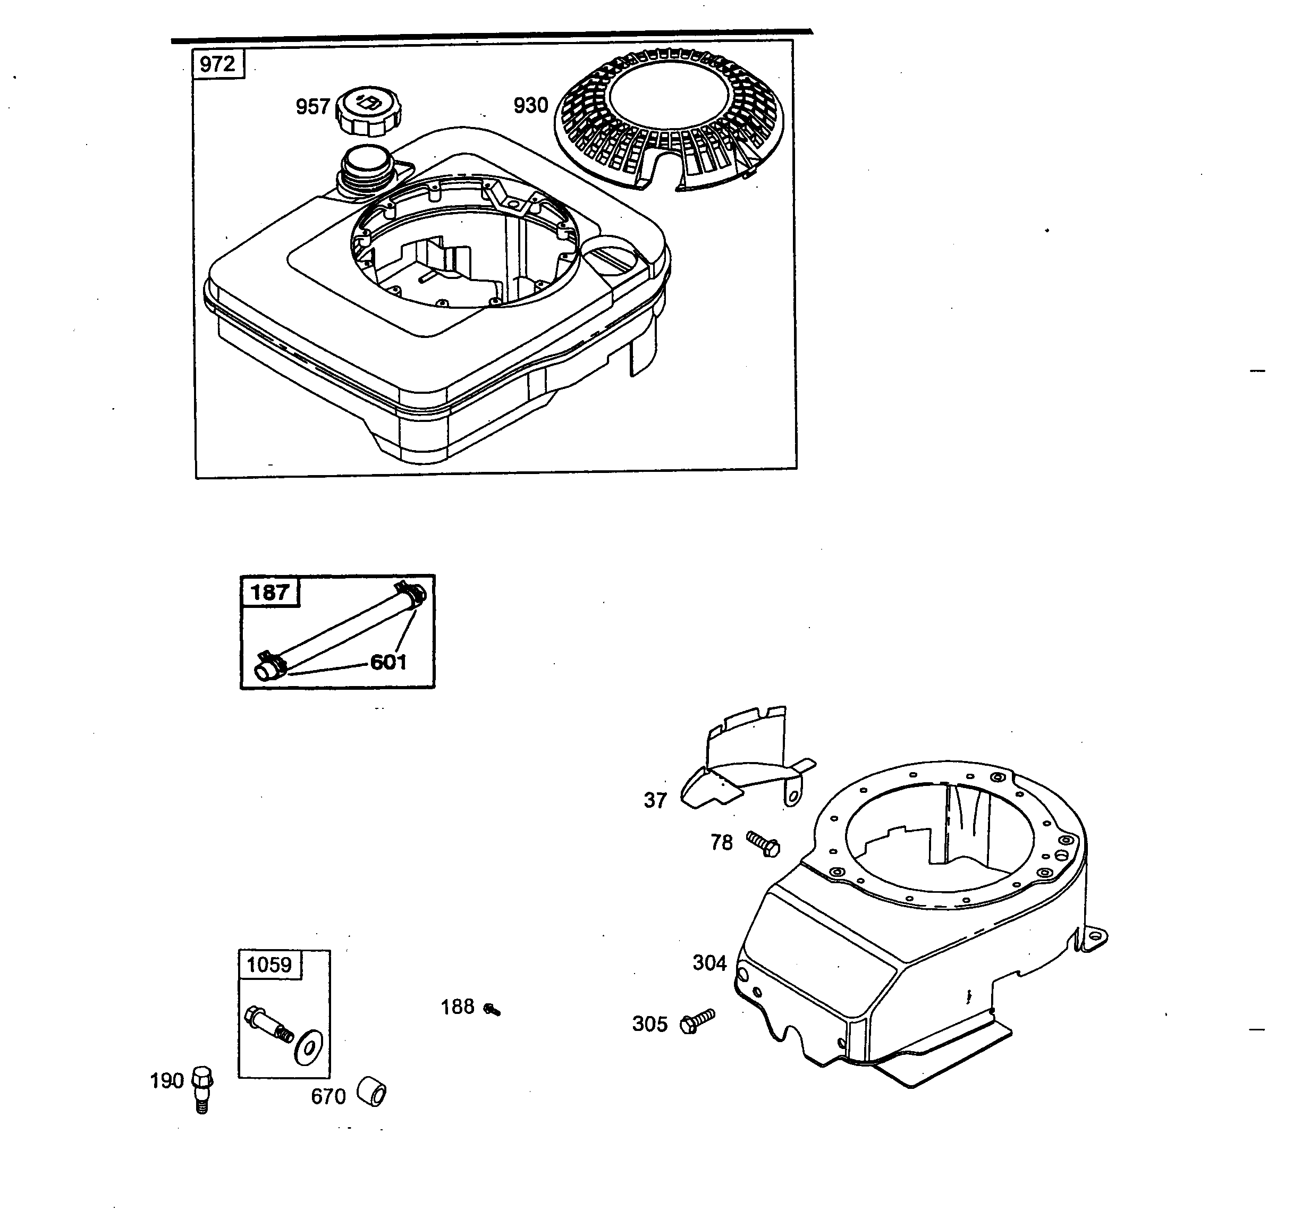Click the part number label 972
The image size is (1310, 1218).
point(217,64)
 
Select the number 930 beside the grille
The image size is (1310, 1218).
point(530,105)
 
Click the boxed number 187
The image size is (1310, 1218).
point(269,592)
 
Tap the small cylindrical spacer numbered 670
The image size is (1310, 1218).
point(371,1092)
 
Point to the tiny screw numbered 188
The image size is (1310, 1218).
point(492,1009)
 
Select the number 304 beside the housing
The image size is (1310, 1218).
point(709,963)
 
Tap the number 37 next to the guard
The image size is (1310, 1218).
point(655,800)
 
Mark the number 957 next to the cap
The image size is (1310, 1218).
point(312,107)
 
